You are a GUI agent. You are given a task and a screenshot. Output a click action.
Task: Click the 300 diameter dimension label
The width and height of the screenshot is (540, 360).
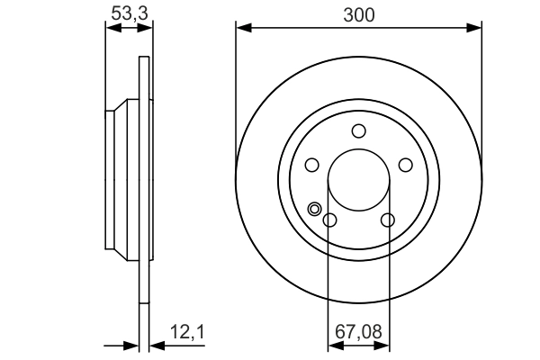tap(358, 13)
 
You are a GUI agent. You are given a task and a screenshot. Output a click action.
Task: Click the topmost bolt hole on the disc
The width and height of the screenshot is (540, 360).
tap(359, 131)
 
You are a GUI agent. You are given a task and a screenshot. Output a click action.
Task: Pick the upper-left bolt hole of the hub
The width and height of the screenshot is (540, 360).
tap(312, 165)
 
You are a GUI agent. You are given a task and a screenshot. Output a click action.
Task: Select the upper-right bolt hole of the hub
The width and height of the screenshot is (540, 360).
tap(406, 165)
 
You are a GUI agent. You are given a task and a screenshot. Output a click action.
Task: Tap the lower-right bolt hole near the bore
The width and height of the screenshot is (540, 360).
tap(388, 220)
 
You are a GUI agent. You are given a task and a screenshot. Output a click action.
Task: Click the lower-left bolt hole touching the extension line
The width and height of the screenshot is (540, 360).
tap(329, 220)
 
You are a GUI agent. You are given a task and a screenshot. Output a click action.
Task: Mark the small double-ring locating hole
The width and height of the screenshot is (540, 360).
tap(315, 210)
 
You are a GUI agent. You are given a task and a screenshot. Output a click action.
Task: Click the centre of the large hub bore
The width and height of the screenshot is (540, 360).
tap(359, 180)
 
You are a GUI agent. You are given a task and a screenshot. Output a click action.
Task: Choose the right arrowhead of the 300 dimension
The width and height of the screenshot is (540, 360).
tap(474, 29)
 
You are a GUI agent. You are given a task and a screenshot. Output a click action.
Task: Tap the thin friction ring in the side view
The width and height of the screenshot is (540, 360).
tap(143, 180)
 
